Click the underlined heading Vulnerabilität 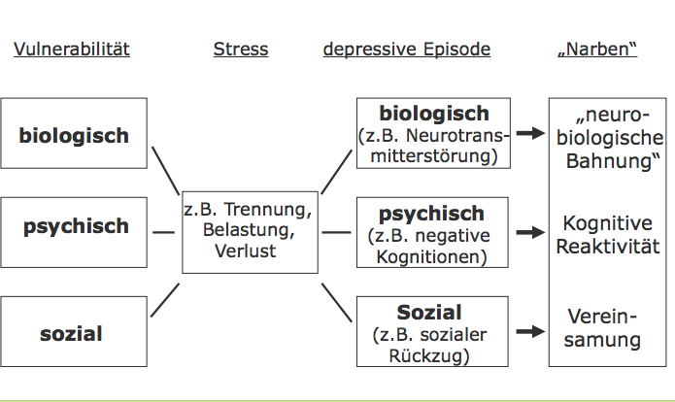[72, 49]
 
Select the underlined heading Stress [240, 49]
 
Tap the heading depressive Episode [406, 49]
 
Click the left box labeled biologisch [74, 135]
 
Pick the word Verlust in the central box [250, 251]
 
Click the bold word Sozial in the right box [429, 313]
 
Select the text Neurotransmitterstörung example [434, 144]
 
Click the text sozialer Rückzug [429, 345]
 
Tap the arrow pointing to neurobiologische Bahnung [530, 133]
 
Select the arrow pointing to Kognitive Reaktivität [530, 233]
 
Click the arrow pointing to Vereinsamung [530, 331]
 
